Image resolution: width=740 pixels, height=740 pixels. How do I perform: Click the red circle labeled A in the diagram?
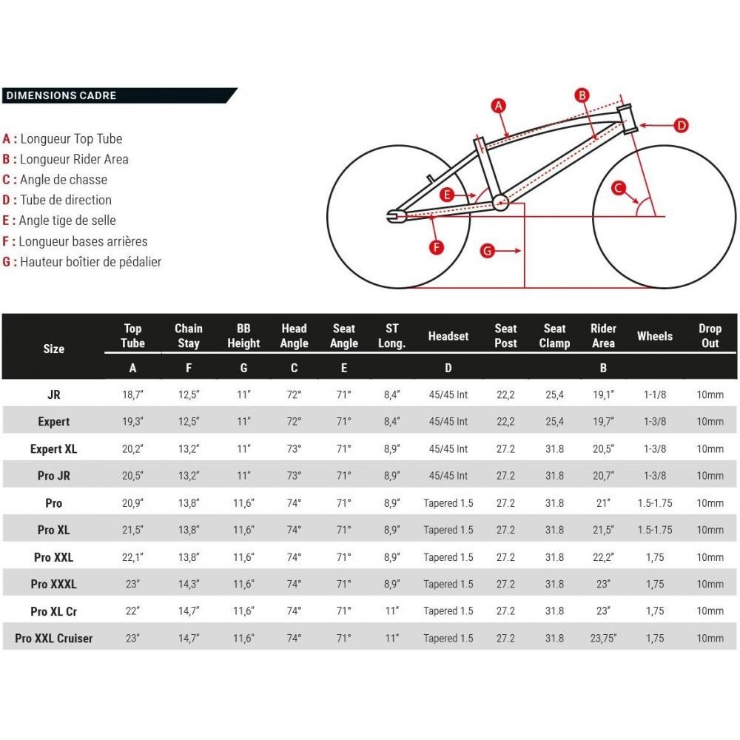pyautogui.click(x=499, y=105)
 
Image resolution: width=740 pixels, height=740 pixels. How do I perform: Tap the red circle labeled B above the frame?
pyautogui.click(x=582, y=95)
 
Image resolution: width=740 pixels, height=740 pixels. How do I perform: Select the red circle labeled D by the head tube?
pyautogui.click(x=682, y=125)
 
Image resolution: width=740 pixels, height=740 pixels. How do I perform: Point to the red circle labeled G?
pyautogui.click(x=487, y=251)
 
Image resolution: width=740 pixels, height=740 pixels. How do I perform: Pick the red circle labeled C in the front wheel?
pyautogui.click(x=619, y=189)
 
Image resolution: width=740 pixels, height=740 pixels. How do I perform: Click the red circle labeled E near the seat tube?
pyautogui.click(x=446, y=195)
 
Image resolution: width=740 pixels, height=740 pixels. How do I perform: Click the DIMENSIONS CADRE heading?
pyautogui.click(x=61, y=95)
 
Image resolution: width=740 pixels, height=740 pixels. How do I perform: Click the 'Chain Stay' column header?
pyautogui.click(x=188, y=335)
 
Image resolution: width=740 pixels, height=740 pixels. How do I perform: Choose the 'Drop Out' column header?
pyautogui.click(x=710, y=335)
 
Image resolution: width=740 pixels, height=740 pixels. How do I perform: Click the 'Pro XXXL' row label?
pyautogui.click(x=53, y=584)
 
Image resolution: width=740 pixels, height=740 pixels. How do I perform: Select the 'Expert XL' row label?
pyautogui.click(x=53, y=449)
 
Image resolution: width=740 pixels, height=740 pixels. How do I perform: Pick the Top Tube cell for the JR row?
pyautogui.click(x=132, y=395)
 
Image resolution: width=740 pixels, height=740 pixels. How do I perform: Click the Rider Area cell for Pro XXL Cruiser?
pyautogui.click(x=603, y=638)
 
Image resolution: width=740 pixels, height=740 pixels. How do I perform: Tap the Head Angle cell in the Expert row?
pyautogui.click(x=294, y=422)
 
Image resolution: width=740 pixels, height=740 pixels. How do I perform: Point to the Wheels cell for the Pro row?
pyautogui.click(x=654, y=503)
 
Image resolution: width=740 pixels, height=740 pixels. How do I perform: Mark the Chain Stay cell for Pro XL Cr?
pyautogui.click(x=188, y=611)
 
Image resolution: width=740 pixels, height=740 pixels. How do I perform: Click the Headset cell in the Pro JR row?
pyautogui.click(x=448, y=476)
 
